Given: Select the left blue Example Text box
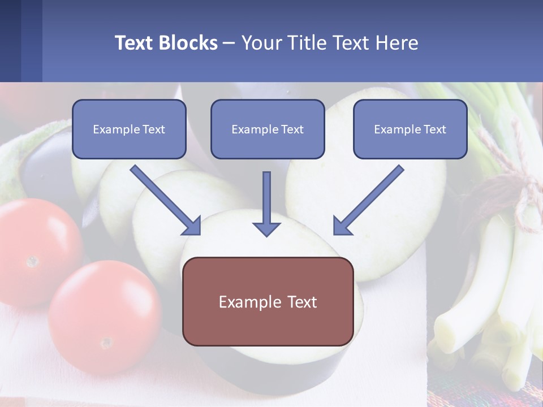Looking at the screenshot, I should [129, 129].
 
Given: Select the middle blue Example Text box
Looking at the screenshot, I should [268, 129].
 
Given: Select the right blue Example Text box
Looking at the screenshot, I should [410, 129].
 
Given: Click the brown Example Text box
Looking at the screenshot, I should [268, 302].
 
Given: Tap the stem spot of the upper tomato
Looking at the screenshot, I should [33, 261].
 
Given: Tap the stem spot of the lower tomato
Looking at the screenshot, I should [106, 343].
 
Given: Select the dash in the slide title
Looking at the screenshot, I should [229, 43].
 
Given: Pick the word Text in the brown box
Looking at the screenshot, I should [300, 302].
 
